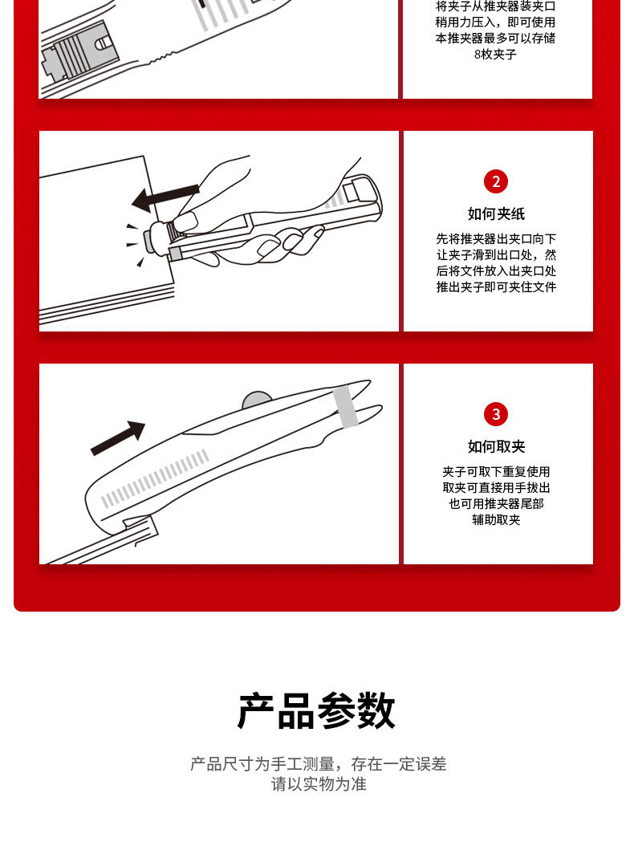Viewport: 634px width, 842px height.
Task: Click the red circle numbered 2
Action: (495, 181)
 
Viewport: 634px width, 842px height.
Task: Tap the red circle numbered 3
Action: (495, 414)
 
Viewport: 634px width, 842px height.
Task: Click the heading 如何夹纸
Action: (496, 214)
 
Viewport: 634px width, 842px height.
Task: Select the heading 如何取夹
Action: (496, 446)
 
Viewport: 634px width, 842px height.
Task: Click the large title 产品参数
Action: (317, 710)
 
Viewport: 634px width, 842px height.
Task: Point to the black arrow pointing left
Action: (165, 197)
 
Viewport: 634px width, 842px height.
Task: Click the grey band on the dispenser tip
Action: (345, 407)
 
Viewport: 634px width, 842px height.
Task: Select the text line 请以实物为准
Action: (319, 784)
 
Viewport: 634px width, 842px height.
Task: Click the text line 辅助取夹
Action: (496, 520)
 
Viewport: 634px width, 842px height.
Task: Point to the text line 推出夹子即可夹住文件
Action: (496, 287)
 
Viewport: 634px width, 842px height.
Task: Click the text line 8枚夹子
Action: (495, 55)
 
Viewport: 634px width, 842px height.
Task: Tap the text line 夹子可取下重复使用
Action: (496, 471)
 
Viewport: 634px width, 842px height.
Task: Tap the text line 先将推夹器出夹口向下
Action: (496, 239)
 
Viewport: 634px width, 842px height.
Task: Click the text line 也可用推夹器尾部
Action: (496, 504)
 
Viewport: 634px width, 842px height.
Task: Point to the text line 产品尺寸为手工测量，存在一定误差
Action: (319, 763)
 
